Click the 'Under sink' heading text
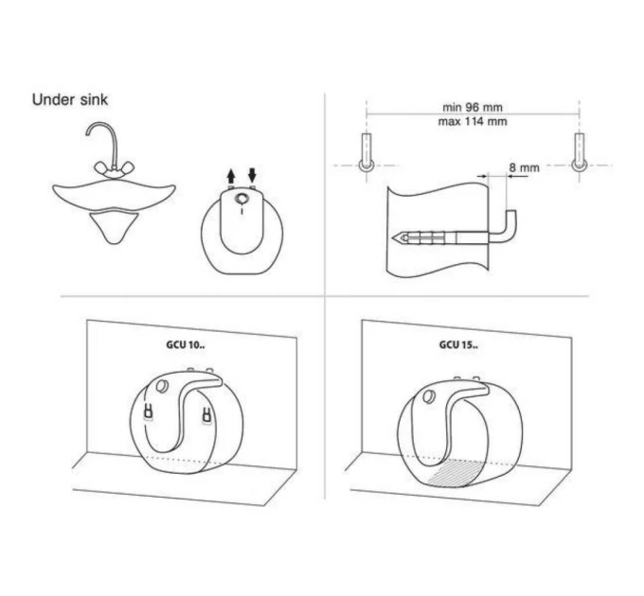pyautogui.click(x=70, y=99)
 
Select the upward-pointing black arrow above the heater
pyautogui.click(x=231, y=177)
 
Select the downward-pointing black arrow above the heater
pyautogui.click(x=252, y=175)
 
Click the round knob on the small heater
pyautogui.click(x=241, y=199)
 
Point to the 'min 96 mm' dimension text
pyautogui.click(x=473, y=107)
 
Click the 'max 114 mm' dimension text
pyautogui.click(x=473, y=121)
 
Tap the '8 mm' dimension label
pyautogui.click(x=525, y=167)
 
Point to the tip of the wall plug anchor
pyautogui.click(x=393, y=237)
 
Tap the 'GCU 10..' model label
pyautogui.click(x=186, y=344)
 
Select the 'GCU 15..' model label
pyautogui.click(x=458, y=344)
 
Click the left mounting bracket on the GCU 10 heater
pyautogui.click(x=149, y=412)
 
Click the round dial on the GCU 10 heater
pyautogui.click(x=162, y=386)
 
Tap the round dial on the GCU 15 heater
pyautogui.click(x=430, y=396)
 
